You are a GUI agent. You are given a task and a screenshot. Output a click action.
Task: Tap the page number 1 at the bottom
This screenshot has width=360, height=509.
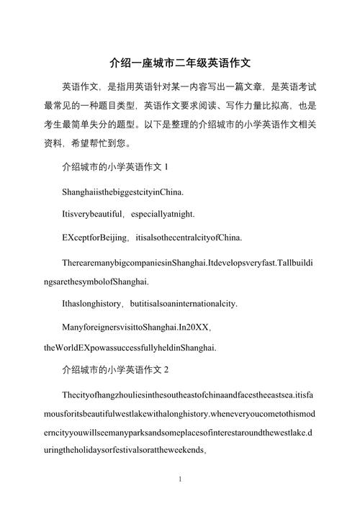pos(180,478)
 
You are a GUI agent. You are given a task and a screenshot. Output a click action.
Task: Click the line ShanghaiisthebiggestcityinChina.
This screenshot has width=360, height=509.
pos(123,192)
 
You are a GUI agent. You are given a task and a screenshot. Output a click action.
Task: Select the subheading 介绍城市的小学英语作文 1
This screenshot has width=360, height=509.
pos(115,168)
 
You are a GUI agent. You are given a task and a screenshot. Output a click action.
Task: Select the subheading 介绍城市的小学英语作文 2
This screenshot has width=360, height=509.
pos(115,370)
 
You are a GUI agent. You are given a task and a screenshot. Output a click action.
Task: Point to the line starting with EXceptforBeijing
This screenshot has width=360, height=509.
pos(152,238)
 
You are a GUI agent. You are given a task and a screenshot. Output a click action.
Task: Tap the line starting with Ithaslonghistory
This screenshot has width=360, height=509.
pos(150,303)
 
